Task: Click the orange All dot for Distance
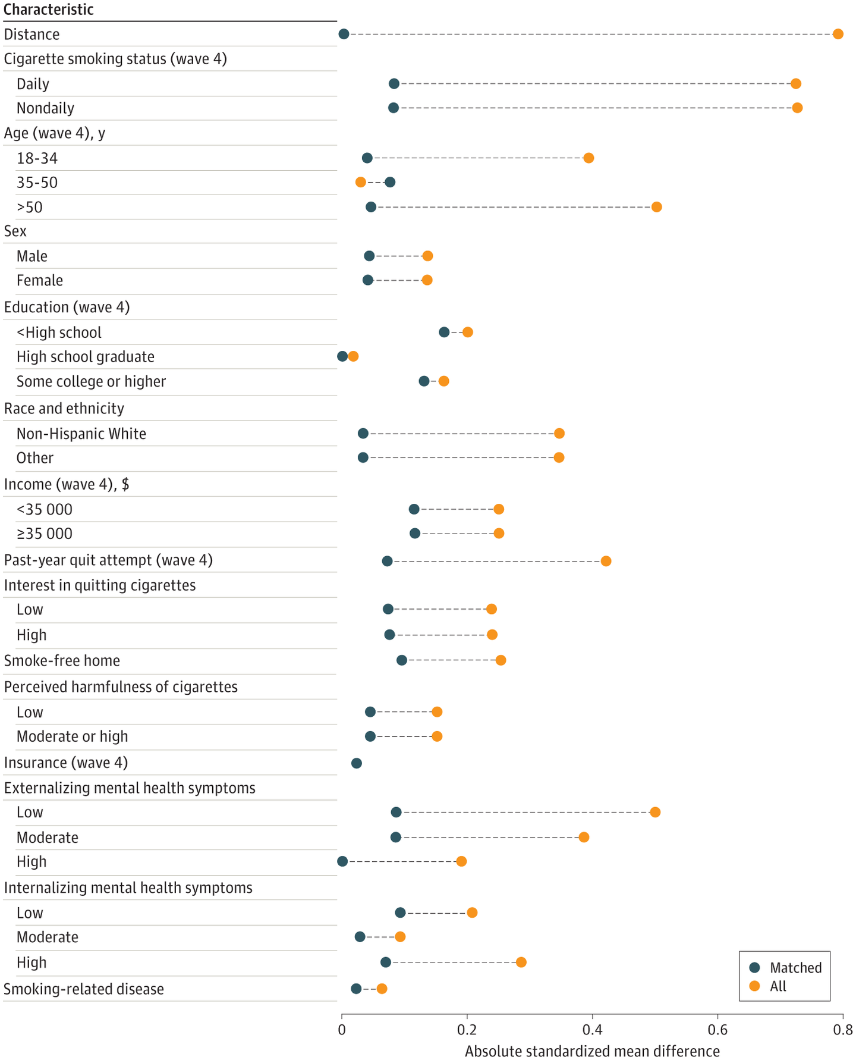click(838, 34)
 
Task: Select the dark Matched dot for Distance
click(344, 34)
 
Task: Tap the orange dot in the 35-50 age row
click(360, 182)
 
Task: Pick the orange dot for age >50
click(656, 207)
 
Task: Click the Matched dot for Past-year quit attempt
click(387, 561)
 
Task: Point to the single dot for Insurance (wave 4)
click(356, 763)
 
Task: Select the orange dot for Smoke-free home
click(501, 660)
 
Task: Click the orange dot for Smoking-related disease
click(382, 989)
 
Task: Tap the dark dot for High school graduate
click(342, 356)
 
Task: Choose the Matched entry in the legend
click(785, 968)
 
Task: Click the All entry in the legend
click(767, 986)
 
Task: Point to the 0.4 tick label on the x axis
click(592, 1030)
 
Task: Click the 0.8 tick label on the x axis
click(843, 1030)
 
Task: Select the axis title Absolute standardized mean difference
click(592, 1051)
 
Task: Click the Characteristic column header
click(49, 10)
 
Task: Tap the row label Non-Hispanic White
click(81, 434)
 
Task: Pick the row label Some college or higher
click(91, 381)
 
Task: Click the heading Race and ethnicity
click(64, 408)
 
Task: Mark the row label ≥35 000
click(45, 534)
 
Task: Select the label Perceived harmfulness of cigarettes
click(121, 687)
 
